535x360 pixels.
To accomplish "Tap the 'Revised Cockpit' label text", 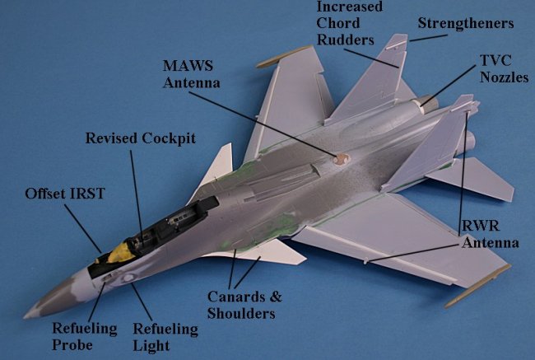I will (x=141, y=138).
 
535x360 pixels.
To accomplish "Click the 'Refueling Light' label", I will (x=165, y=336).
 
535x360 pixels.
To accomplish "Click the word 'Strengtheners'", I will (x=465, y=23).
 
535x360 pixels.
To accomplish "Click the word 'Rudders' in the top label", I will (x=346, y=39).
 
